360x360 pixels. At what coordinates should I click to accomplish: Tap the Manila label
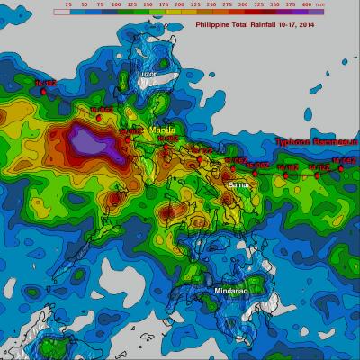pyautogui.click(x=162, y=130)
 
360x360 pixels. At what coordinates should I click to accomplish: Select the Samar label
pyautogui.click(x=239, y=184)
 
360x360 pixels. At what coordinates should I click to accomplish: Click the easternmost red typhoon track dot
pyautogui.click(x=340, y=168)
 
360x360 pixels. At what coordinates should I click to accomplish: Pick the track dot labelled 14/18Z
pyautogui.click(x=286, y=175)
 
